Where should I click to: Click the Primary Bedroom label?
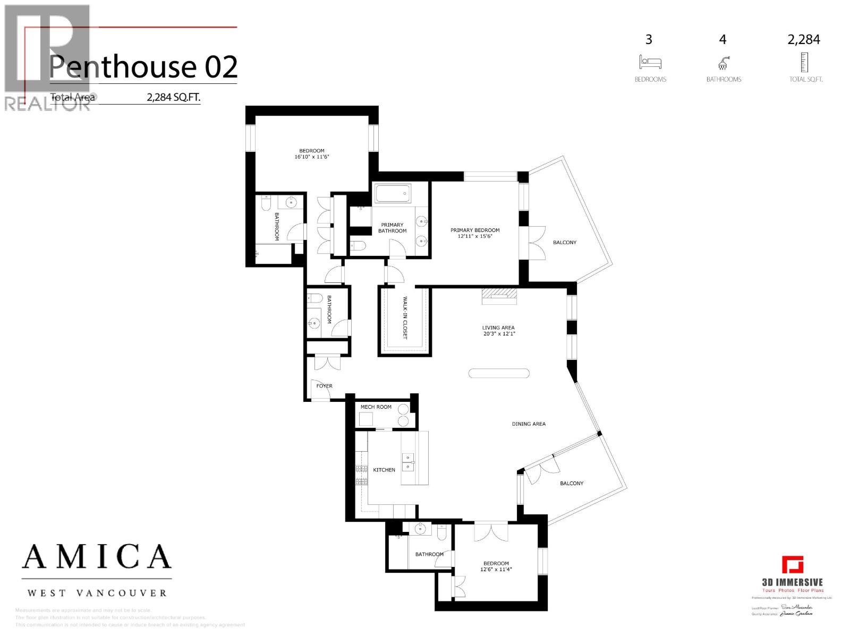[x=475, y=230]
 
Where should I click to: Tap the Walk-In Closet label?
[x=405, y=318]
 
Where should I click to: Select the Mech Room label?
[x=376, y=407]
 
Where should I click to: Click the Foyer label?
[x=324, y=386]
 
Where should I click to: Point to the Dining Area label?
[x=529, y=424]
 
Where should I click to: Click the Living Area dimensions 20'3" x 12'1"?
[x=499, y=334]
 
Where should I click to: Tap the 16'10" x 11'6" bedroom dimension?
[x=312, y=157]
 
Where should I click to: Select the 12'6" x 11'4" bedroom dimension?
[x=496, y=570]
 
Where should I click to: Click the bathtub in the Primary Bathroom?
[x=393, y=193]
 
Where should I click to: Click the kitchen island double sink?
[x=409, y=462]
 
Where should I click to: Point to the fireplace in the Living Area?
[x=499, y=296]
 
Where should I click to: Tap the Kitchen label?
[x=384, y=470]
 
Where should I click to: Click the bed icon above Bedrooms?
[x=650, y=63]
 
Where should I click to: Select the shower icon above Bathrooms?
[x=723, y=64]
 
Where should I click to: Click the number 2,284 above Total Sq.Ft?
[x=804, y=40]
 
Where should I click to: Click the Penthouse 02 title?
[x=143, y=67]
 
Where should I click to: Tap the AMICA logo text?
[x=97, y=557]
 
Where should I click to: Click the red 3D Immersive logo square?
[x=792, y=565]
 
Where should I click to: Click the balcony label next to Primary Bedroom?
[x=564, y=243]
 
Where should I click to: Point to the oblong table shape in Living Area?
[x=499, y=373]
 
